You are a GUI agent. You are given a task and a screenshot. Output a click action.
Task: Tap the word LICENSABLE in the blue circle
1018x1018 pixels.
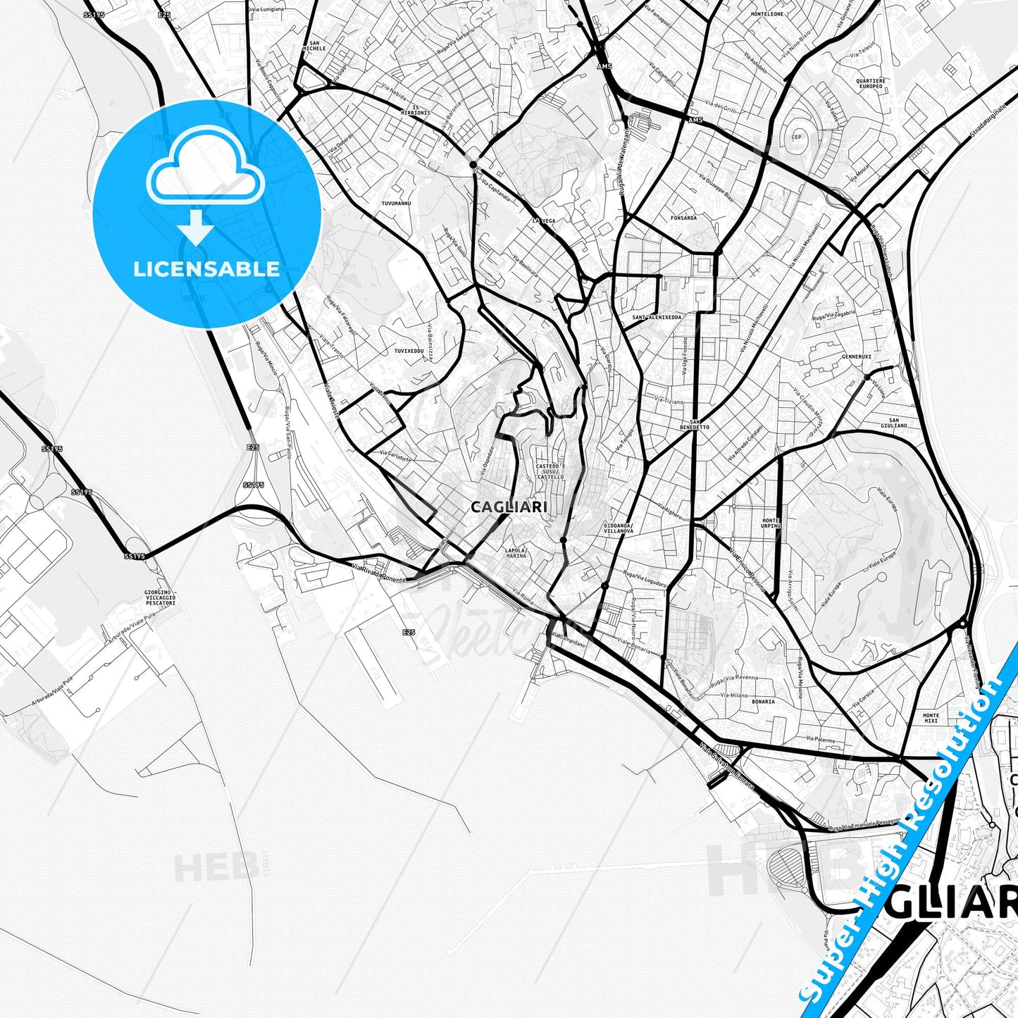click(x=206, y=269)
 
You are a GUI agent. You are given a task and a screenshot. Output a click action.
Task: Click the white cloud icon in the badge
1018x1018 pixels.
click(x=206, y=173)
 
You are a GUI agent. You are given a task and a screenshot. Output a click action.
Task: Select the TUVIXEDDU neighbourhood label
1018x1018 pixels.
click(x=409, y=350)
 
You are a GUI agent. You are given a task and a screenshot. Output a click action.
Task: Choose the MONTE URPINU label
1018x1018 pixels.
click(x=771, y=523)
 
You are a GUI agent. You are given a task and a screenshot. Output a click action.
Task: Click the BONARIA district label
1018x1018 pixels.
click(x=763, y=702)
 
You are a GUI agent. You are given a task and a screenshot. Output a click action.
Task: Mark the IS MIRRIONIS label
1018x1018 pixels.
click(x=415, y=111)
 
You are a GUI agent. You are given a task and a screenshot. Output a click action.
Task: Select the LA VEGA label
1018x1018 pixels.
click(x=543, y=221)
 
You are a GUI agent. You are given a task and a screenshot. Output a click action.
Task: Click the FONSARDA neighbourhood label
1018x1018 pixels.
click(x=683, y=218)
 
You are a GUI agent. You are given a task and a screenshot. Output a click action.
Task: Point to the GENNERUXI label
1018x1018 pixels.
click(x=856, y=356)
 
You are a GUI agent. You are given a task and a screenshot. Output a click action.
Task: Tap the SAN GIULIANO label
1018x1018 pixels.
click(x=893, y=423)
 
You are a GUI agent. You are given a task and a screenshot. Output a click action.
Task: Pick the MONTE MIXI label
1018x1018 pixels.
click(x=931, y=719)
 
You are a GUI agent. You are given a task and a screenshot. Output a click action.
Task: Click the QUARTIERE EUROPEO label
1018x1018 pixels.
click(x=871, y=84)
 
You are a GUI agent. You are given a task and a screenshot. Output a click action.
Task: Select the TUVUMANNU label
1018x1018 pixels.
click(x=396, y=203)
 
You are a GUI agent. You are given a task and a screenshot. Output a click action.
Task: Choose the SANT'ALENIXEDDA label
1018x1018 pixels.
click(x=657, y=318)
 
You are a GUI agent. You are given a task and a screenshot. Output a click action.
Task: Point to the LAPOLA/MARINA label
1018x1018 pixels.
click(x=516, y=553)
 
